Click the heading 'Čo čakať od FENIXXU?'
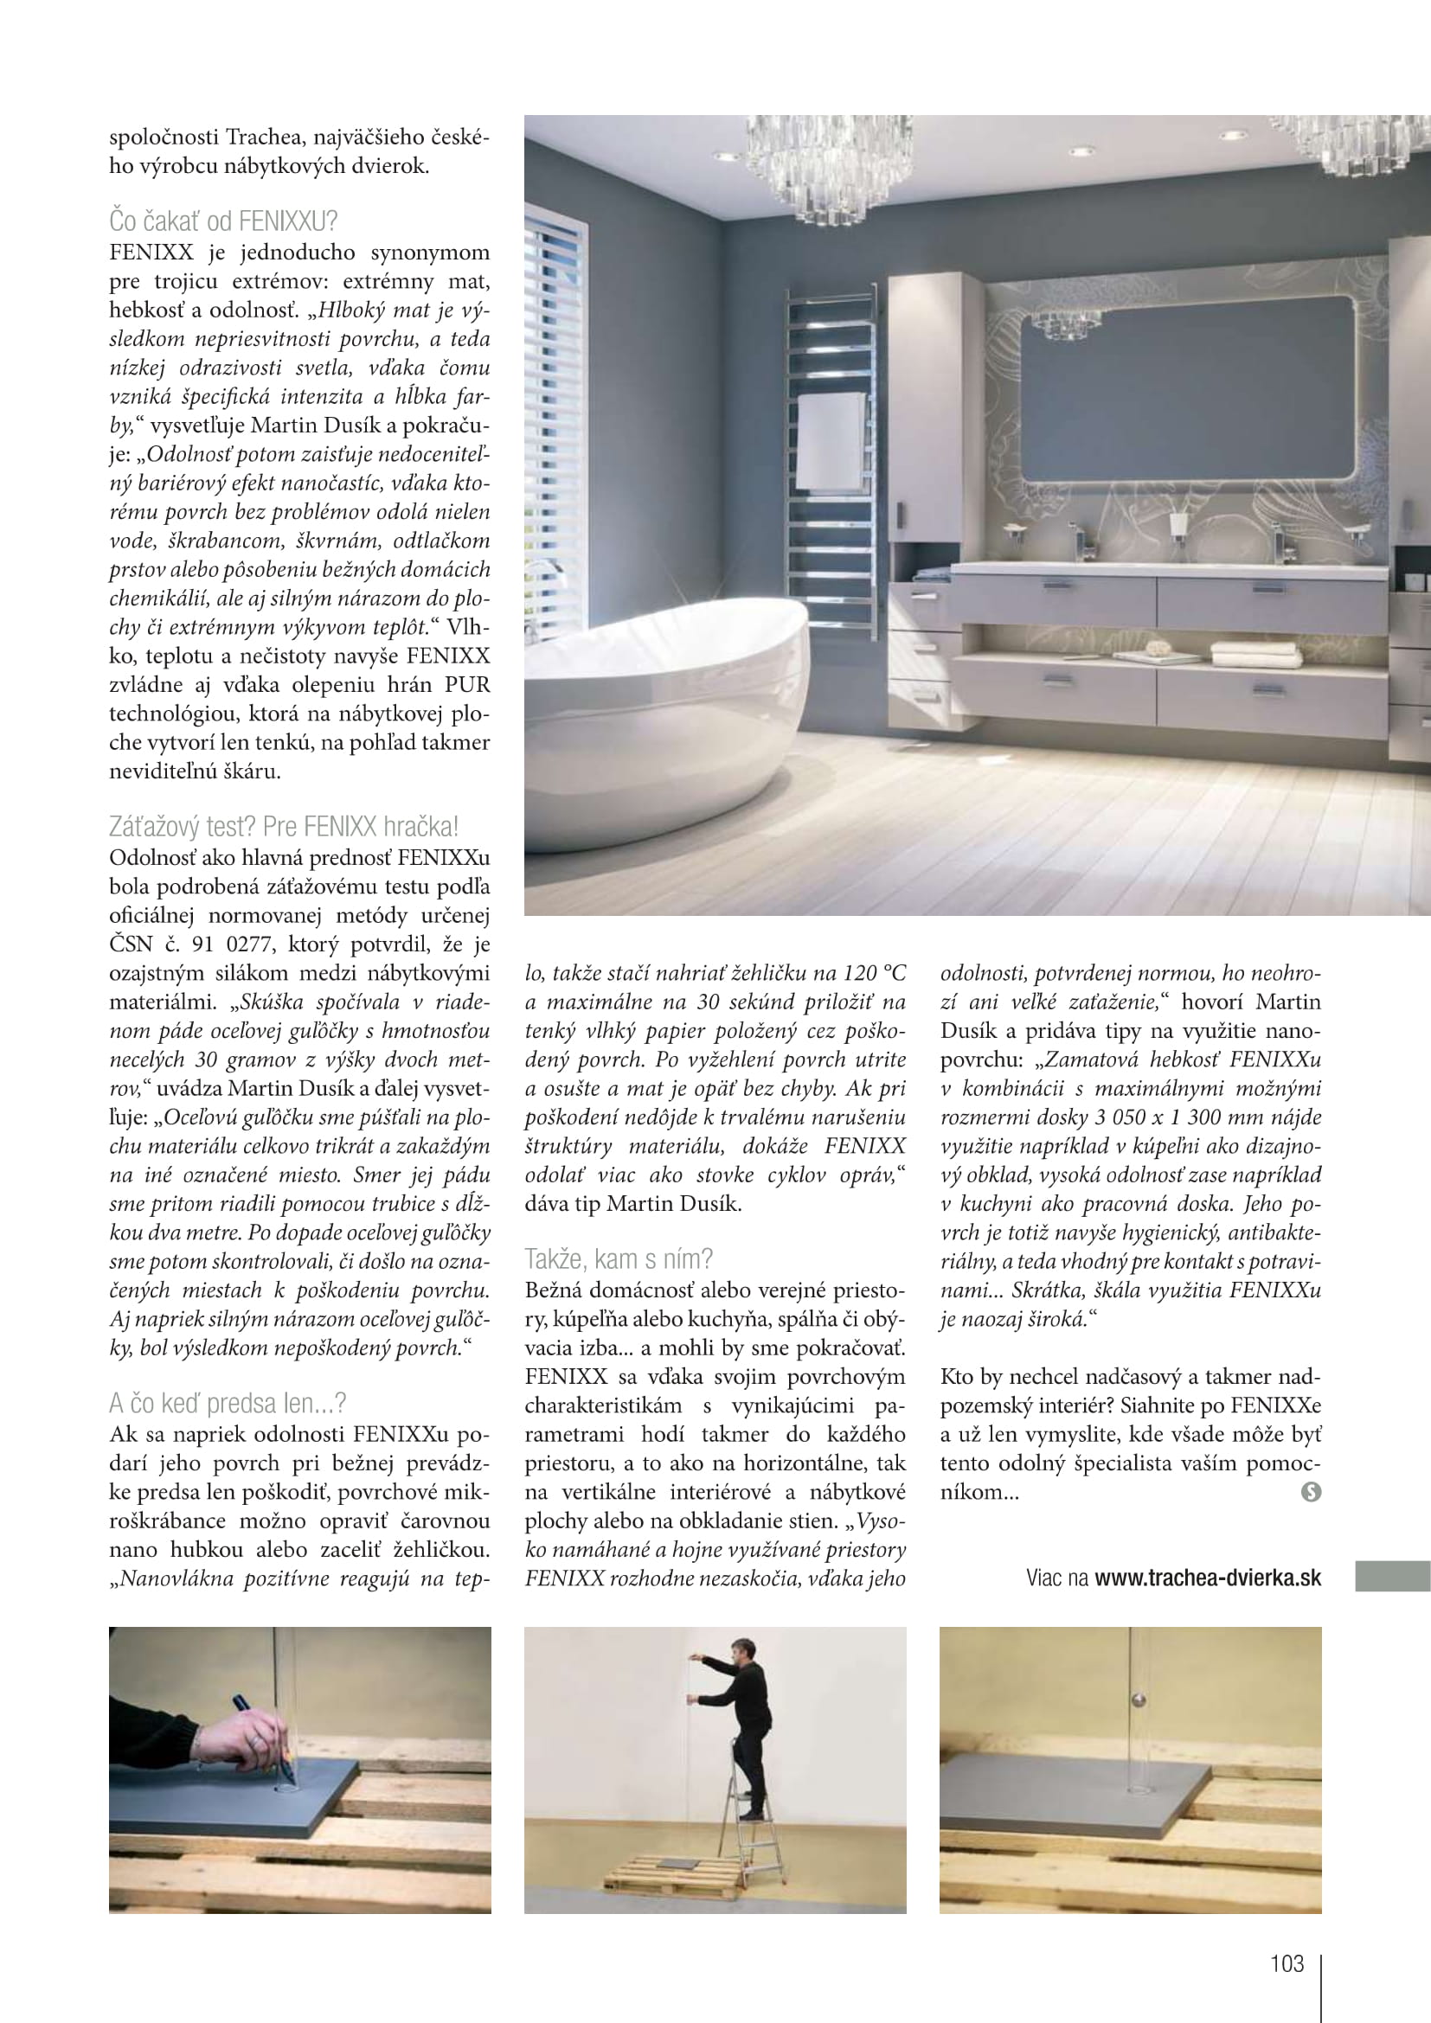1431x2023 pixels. coord(223,221)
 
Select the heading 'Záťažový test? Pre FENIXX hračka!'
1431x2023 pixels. coord(283,827)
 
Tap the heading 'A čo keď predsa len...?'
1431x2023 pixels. coord(228,1403)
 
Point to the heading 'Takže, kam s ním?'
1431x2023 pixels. coord(619,1258)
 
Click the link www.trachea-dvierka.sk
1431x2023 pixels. coord(1207,1578)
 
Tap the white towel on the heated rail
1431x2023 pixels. coord(831,440)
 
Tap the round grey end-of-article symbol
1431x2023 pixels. coord(1311,1492)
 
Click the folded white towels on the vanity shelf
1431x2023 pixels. coord(1255,654)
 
